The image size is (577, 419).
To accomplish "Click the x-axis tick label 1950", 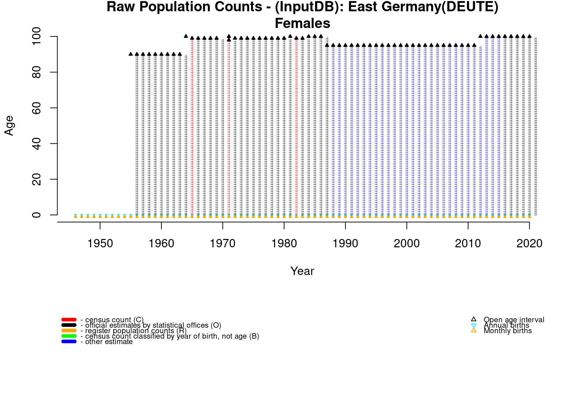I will (100, 244).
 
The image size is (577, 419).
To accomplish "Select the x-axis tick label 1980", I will (284, 244).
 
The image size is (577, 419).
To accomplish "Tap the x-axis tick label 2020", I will (529, 244).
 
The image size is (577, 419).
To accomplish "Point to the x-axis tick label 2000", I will (407, 244).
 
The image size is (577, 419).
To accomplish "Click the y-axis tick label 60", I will (37, 108).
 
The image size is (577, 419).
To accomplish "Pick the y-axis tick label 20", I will (37, 179).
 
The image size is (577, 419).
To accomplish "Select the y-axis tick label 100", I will (37, 37).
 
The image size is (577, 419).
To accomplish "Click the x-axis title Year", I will (302, 271).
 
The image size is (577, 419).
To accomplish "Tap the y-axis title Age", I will (9, 125).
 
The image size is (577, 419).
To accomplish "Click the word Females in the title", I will (302, 24).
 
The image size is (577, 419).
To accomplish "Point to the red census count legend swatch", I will (69, 320).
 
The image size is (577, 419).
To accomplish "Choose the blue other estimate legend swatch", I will (69, 342).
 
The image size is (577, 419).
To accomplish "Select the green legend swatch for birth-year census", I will (69, 336).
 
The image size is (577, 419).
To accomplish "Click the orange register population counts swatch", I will (69, 331).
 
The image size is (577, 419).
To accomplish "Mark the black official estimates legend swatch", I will (69, 325).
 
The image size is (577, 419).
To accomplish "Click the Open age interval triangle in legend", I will (474, 319).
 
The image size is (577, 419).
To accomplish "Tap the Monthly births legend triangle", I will (474, 330).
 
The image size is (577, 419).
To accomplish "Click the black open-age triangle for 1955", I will (131, 54).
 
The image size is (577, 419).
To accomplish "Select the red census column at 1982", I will (297, 127).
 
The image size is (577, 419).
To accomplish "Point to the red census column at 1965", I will (192, 127).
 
